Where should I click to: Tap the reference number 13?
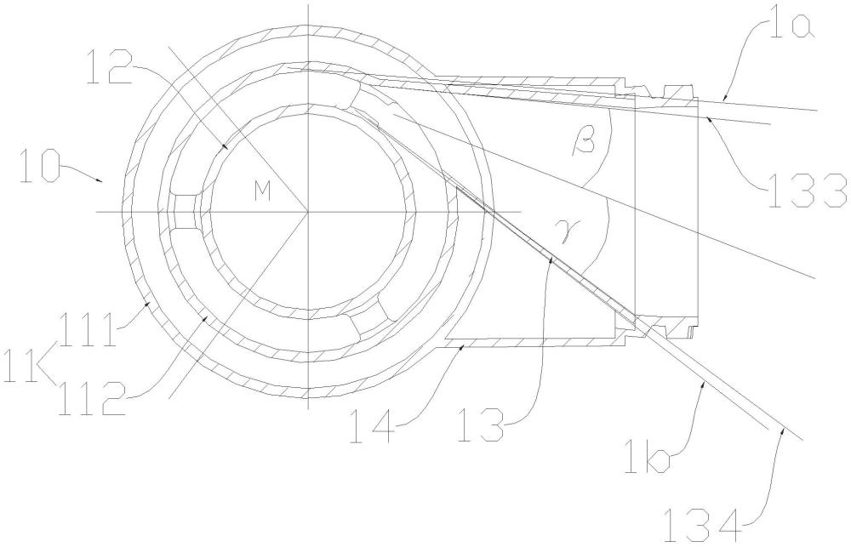(480, 427)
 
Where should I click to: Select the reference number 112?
(92, 399)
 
